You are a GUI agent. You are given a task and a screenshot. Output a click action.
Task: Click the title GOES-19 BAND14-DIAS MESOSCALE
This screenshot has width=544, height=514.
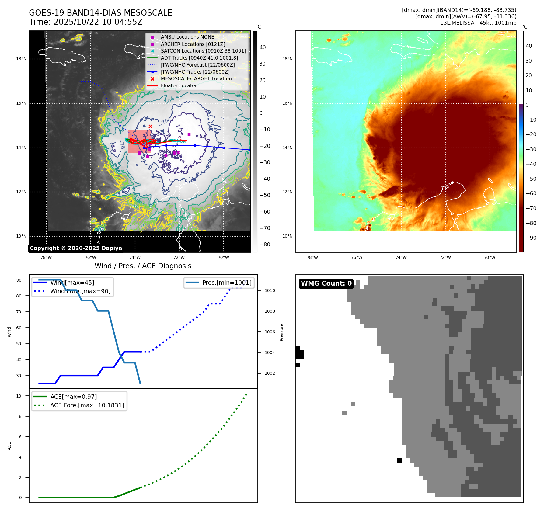coord(100,13)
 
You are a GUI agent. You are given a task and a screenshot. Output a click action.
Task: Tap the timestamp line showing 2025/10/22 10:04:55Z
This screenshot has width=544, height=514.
coord(85,22)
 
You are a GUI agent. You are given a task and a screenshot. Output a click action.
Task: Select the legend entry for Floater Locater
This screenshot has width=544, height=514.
coord(179,86)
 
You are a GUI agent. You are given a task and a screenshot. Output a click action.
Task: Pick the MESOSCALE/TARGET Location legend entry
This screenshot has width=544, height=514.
coord(196,79)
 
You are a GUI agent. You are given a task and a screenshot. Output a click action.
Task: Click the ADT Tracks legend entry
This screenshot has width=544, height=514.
coord(199,58)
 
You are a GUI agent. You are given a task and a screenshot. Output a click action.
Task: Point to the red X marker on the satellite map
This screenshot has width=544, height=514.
coord(150,126)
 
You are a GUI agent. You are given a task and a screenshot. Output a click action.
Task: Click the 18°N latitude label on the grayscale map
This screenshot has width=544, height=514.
coord(21,59)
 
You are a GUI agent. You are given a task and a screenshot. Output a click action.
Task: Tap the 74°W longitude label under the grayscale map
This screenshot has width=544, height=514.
coord(135,258)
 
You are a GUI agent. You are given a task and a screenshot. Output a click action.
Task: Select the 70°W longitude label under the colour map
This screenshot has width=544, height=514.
coord(490,258)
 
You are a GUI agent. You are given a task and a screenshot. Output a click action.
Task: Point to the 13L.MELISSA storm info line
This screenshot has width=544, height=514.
coord(478,23)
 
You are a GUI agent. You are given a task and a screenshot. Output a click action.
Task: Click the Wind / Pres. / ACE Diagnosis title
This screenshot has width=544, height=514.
coord(143,266)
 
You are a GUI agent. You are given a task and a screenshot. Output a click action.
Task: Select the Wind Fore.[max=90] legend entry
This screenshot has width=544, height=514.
coord(80,291)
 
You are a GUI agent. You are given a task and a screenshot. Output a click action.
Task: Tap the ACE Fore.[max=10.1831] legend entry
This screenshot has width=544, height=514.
coord(87,405)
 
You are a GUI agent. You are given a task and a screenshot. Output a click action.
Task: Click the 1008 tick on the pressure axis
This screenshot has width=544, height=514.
coord(270,311)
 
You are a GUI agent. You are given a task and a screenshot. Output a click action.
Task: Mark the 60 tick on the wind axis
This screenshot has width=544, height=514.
coord(19,328)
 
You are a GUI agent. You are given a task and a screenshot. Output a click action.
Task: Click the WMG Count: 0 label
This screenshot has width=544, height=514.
coord(326,283)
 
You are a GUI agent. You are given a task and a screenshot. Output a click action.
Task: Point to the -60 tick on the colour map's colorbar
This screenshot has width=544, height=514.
coord(531,193)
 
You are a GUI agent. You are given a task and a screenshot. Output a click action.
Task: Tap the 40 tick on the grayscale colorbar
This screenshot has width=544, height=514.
coord(263,47)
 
